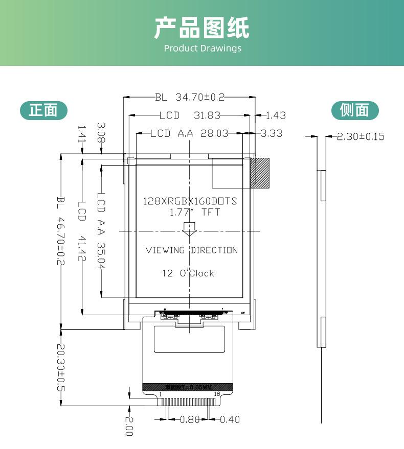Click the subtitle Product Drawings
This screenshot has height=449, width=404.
pyautogui.click(x=202, y=49)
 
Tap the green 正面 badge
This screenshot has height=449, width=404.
pyautogui.click(x=43, y=110)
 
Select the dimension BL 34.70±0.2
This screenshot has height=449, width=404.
pyautogui.click(x=190, y=97)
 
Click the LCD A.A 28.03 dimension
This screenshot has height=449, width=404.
pyautogui.click(x=189, y=133)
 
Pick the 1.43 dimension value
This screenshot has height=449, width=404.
pyautogui.click(x=276, y=115)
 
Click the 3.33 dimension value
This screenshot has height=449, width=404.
pyautogui.click(x=272, y=133)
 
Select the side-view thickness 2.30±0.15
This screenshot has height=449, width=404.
pyautogui.click(x=361, y=136)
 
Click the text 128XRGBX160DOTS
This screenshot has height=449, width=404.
pyautogui.click(x=190, y=201)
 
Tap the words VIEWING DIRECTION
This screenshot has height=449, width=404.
pyautogui.click(x=192, y=250)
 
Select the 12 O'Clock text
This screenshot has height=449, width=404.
pyautogui.click(x=188, y=273)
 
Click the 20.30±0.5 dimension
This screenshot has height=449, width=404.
pyautogui.click(x=61, y=368)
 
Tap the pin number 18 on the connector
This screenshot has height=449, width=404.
pyautogui.click(x=217, y=394)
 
